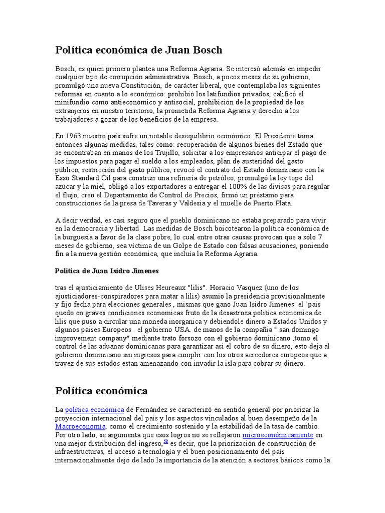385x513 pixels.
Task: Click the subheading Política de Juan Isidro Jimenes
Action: (106, 271)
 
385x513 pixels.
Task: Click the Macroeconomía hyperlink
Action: (80, 426)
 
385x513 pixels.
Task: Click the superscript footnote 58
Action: (166, 442)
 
